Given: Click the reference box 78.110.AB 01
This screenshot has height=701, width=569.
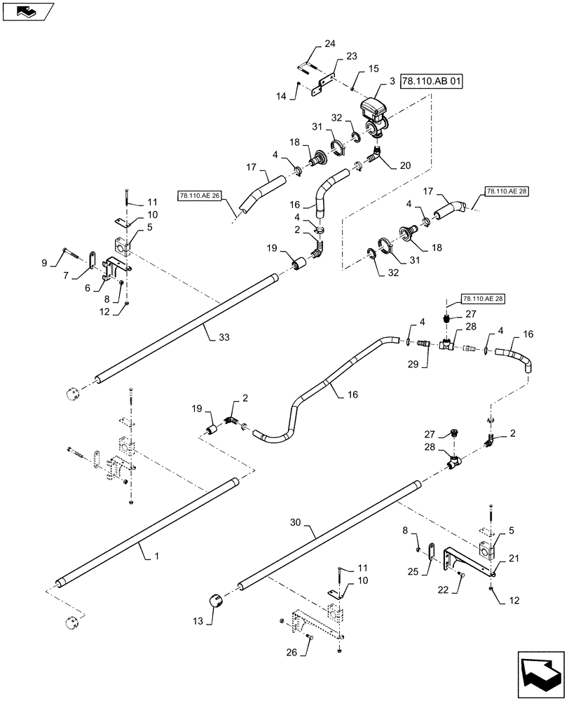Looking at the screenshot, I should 434,83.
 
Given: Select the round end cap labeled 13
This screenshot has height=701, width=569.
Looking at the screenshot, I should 216,601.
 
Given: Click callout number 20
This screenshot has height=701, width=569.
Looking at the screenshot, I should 404,166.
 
